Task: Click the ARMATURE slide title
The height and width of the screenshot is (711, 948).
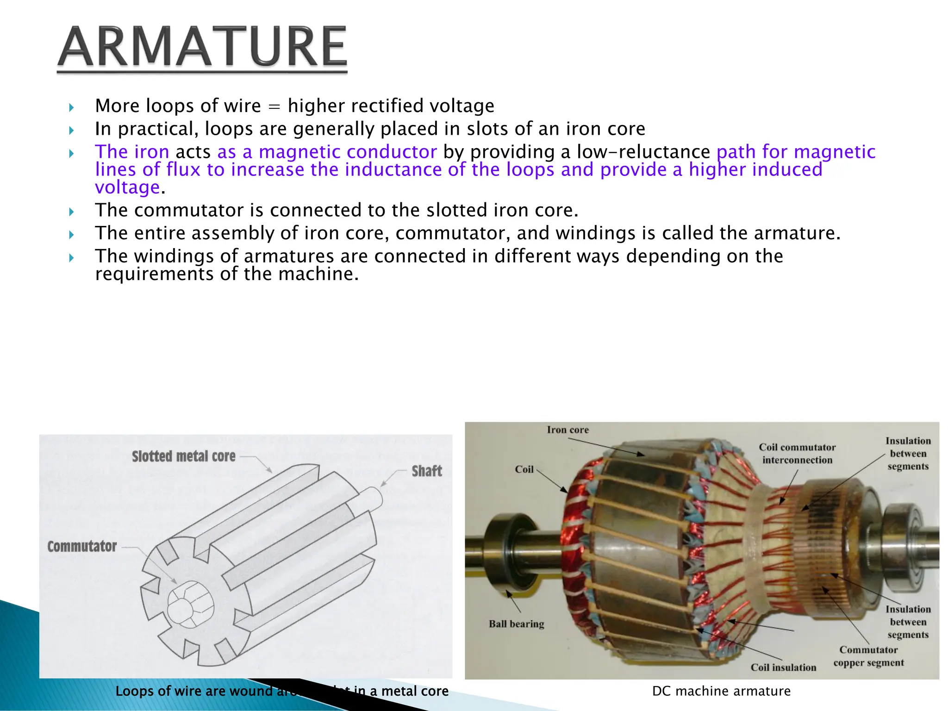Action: [x=202, y=47]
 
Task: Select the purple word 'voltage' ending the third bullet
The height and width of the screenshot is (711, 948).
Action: [x=127, y=187]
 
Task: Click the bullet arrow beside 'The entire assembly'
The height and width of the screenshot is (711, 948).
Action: [x=71, y=235]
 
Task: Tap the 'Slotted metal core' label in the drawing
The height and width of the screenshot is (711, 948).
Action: [x=183, y=456]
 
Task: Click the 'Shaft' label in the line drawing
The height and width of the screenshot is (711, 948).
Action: [x=426, y=471]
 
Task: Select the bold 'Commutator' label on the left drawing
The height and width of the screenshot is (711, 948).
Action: [x=82, y=546]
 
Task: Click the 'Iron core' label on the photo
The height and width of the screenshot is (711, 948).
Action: [x=568, y=430]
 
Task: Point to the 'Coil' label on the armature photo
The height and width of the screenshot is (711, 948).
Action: [x=524, y=469]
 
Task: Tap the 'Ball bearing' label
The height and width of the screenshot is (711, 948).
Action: [x=516, y=624]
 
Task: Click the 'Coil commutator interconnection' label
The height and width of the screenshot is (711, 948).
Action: [x=797, y=454]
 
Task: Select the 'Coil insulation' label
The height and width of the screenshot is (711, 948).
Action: [x=783, y=667]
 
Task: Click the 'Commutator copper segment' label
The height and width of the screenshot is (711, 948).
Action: [x=868, y=656]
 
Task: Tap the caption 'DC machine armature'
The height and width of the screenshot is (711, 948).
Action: [x=721, y=691]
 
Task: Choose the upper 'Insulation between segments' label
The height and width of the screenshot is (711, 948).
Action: [x=908, y=454]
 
